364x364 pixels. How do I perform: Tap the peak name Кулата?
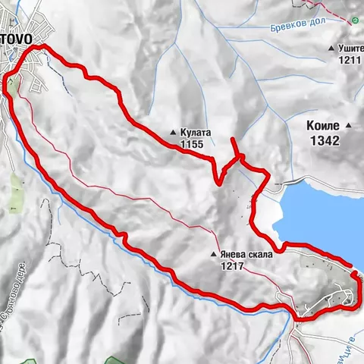(196, 131)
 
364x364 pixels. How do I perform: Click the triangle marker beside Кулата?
(174, 131)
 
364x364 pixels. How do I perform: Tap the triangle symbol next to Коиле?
(349, 126)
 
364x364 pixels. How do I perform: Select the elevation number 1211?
(349, 60)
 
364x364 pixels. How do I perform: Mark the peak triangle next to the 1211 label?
(331, 49)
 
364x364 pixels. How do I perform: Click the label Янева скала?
(245, 256)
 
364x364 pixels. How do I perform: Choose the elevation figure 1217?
(233, 266)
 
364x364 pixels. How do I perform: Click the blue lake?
(318, 212)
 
